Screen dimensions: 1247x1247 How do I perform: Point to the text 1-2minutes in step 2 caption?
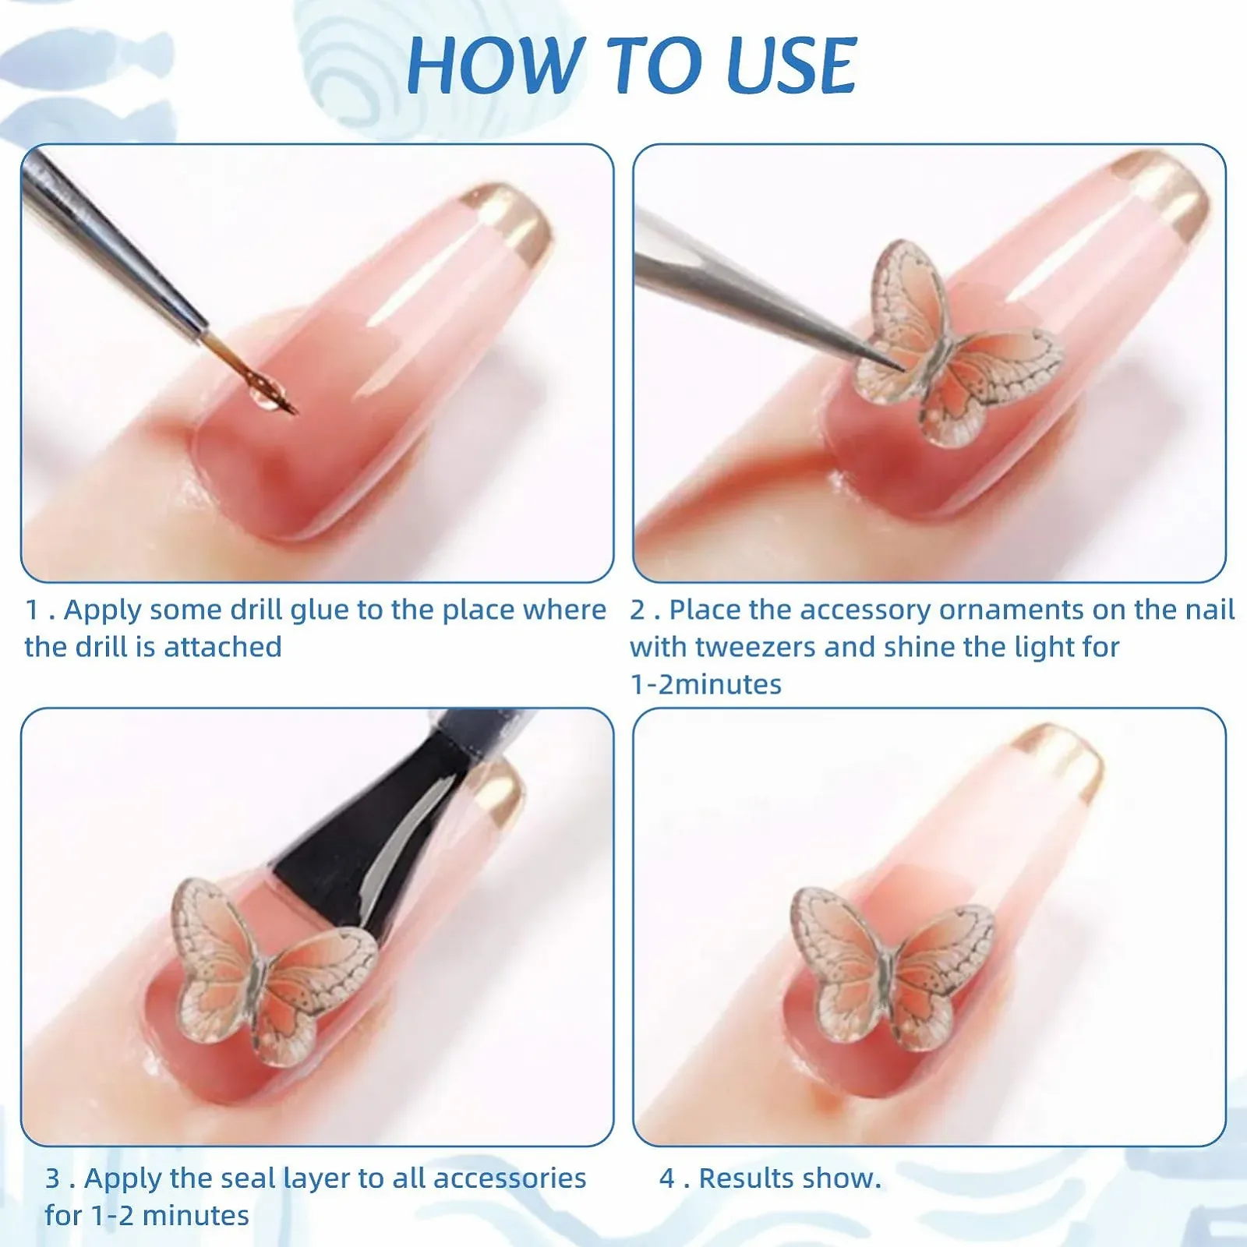coord(706,685)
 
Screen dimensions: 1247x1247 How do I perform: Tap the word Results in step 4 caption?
coord(748,1178)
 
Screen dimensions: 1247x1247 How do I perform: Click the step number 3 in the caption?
coord(52,1178)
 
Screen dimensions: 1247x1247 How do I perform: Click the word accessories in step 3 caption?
coord(510,1178)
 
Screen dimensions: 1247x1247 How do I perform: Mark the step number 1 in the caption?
coord(32,610)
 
